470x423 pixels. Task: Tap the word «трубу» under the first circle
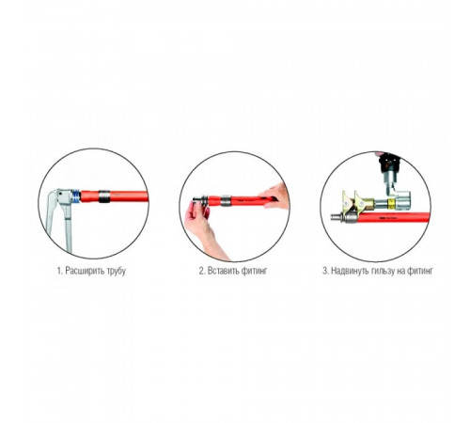pyautogui.click(x=116, y=271)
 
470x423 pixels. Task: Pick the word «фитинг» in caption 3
pyautogui.click(x=420, y=271)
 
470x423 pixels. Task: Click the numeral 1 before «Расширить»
pyautogui.click(x=59, y=271)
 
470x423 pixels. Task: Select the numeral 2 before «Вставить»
pyautogui.click(x=202, y=271)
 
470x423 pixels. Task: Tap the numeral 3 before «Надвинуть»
pyautogui.click(x=325, y=271)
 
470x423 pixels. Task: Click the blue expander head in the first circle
pyautogui.click(x=75, y=196)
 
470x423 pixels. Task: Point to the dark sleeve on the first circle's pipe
pyautogui.click(x=104, y=196)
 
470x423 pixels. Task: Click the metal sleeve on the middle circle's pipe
pyautogui.click(x=226, y=201)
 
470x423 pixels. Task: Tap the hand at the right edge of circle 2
pyautogui.click(x=274, y=196)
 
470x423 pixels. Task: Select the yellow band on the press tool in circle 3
pyautogui.click(x=391, y=203)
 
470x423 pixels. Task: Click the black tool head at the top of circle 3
pyautogui.click(x=389, y=163)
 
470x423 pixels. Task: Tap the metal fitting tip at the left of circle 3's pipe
pyautogui.click(x=337, y=216)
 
